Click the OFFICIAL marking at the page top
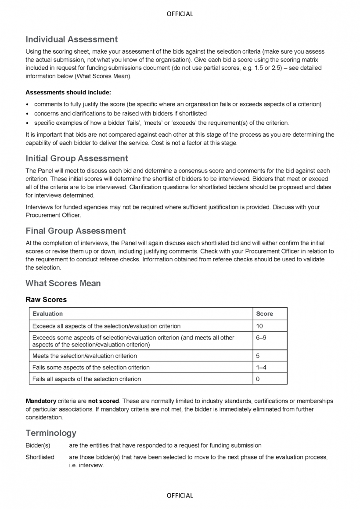[180, 14]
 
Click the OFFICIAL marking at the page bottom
[180, 495]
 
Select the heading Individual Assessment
[72, 40]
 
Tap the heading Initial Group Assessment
[77, 159]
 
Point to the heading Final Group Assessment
[76, 231]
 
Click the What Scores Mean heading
[63, 283]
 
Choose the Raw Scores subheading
[46, 300]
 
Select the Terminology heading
[51, 433]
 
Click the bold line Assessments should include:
[68, 92]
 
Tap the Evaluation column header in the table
[47, 314]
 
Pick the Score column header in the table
[264, 314]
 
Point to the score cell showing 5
[258, 356]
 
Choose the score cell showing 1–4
[261, 367]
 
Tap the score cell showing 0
[258, 379]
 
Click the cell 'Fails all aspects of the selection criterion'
[87, 379]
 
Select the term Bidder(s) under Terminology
[38, 445]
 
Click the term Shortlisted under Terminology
[40, 457]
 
